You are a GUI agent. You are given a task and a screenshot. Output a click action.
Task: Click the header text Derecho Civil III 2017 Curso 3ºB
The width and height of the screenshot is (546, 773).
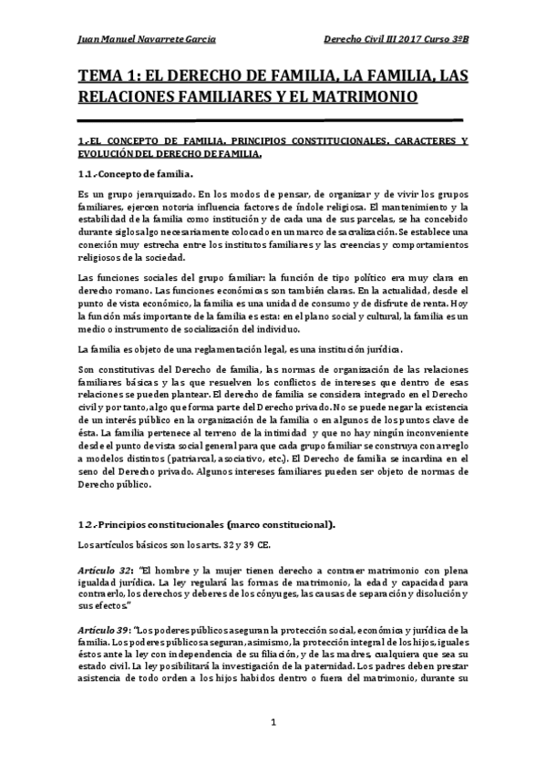click(x=397, y=39)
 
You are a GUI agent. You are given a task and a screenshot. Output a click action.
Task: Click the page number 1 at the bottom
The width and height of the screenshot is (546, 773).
click(x=273, y=723)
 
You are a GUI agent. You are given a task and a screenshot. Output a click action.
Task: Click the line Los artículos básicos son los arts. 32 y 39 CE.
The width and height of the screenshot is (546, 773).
click(x=169, y=546)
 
